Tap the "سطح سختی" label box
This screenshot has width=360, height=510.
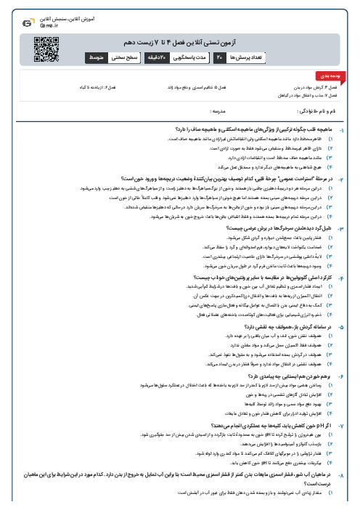[117, 56]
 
